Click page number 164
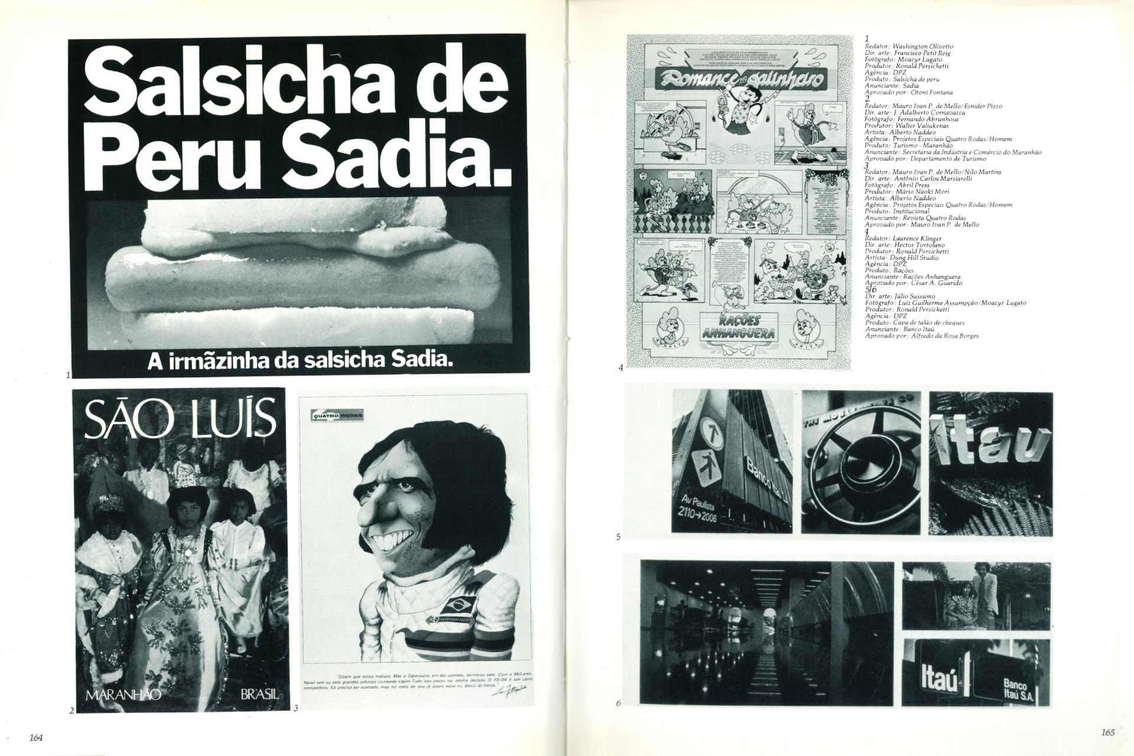37,737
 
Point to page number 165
1107,732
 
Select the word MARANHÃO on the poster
123,695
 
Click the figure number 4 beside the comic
621,368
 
